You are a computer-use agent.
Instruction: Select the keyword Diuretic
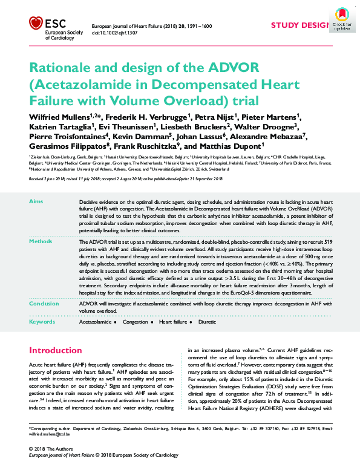point(206,323)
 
